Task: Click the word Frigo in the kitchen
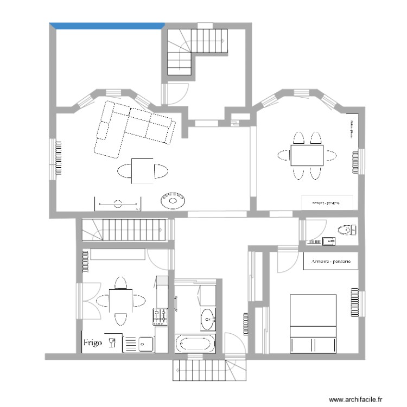click(92, 343)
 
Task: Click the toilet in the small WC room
click(345, 230)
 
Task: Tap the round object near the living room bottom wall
click(174, 200)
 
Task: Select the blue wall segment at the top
click(107, 24)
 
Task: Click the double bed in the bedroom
click(314, 323)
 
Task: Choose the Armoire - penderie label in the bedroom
click(330, 261)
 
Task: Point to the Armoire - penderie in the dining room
click(327, 202)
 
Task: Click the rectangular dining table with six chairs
click(307, 155)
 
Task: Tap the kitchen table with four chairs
click(120, 301)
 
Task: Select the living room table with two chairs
click(142, 171)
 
